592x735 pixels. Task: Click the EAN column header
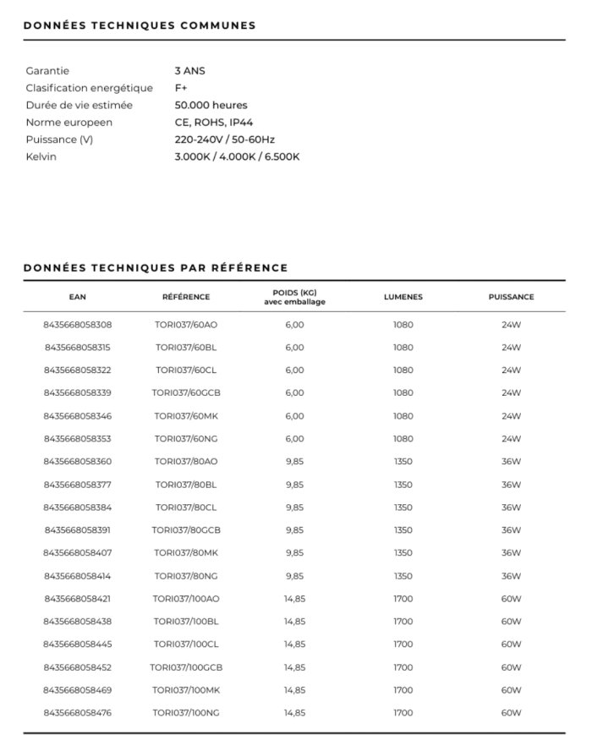click(78, 297)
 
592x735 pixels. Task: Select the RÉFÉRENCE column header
click(186, 297)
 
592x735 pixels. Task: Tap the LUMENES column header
click(403, 297)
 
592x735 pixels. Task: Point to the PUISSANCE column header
click(511, 297)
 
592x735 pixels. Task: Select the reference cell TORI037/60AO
click(186, 325)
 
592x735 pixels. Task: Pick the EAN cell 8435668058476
click(78, 713)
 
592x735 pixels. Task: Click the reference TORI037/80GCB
click(186, 530)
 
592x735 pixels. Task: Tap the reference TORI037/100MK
click(186, 690)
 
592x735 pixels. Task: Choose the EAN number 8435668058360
click(78, 462)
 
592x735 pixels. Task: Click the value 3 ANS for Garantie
click(189, 71)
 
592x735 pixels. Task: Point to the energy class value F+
click(181, 88)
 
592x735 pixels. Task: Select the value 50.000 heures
click(211, 106)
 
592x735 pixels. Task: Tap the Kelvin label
click(41, 156)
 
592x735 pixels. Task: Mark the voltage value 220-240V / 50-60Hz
click(224, 140)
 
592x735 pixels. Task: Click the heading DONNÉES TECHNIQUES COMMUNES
click(140, 25)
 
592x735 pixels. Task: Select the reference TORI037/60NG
click(186, 439)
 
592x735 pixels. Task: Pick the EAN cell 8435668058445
click(78, 644)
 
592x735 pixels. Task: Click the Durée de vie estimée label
click(79, 106)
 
